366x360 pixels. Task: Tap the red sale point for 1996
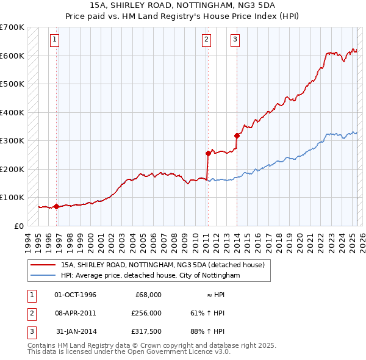click(x=57, y=206)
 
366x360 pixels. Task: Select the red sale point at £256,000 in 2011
click(x=208, y=153)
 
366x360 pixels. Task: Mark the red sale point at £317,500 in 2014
click(x=237, y=135)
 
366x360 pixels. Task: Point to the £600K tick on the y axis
click(x=12, y=56)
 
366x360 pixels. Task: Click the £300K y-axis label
click(x=12, y=140)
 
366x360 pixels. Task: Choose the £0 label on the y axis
click(x=18, y=226)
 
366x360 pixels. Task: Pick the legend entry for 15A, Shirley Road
click(x=162, y=265)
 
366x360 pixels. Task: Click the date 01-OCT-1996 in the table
click(x=76, y=295)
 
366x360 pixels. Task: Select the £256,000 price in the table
click(x=146, y=313)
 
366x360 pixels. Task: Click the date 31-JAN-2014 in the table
click(x=76, y=331)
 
